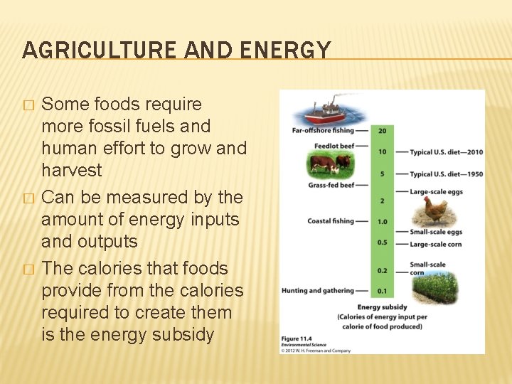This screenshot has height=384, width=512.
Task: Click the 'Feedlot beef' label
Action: (x=334, y=146)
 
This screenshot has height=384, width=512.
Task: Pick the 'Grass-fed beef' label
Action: (x=330, y=185)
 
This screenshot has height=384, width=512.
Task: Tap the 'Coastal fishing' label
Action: (x=331, y=221)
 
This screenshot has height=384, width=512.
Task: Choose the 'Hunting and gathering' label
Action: (x=317, y=290)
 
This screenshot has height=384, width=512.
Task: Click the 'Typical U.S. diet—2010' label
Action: (x=446, y=152)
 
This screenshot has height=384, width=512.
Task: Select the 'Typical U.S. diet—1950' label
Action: (x=446, y=174)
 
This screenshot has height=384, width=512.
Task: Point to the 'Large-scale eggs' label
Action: (x=436, y=191)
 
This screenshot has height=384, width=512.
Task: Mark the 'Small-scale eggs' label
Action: (x=436, y=232)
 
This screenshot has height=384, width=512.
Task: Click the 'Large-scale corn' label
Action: (x=436, y=244)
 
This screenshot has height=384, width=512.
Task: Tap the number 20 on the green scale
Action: (x=382, y=131)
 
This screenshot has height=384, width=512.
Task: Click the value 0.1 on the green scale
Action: (x=382, y=291)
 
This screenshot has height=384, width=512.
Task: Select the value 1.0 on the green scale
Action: (x=382, y=222)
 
